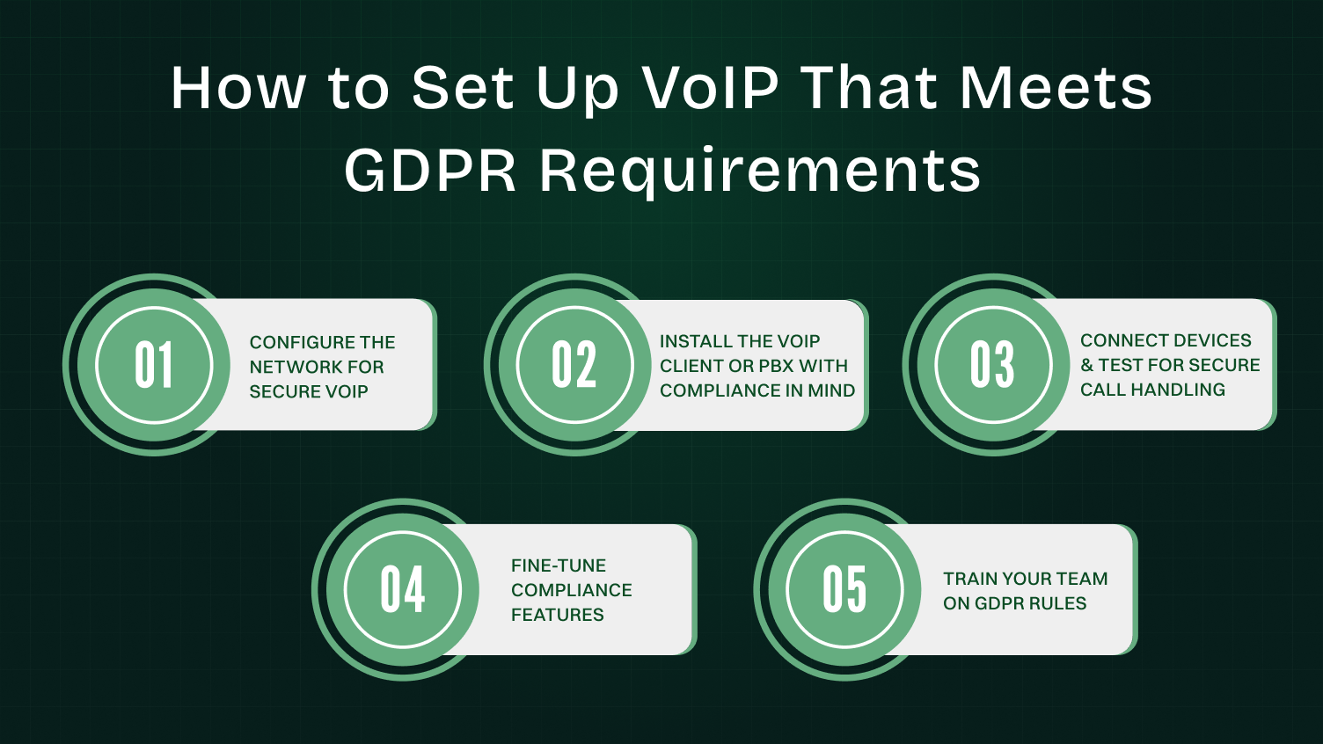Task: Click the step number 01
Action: (154, 365)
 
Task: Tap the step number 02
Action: (574, 365)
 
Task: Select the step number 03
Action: (992, 364)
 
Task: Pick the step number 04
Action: (403, 589)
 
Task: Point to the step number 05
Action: (844, 589)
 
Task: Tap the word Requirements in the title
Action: (760, 171)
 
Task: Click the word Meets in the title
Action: (1056, 88)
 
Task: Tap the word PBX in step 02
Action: (776, 366)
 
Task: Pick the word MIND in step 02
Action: (831, 390)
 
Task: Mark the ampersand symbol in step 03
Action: (1087, 365)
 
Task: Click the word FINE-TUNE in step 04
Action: (559, 565)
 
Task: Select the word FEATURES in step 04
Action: (558, 615)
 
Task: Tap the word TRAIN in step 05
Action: (969, 579)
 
